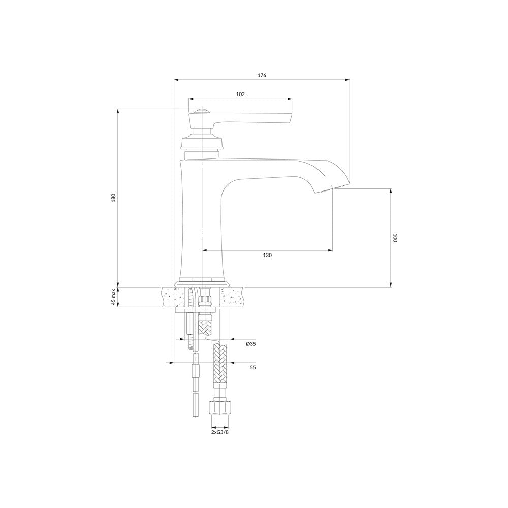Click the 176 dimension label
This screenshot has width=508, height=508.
click(262, 75)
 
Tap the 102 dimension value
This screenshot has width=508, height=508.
click(240, 94)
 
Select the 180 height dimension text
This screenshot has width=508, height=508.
click(113, 198)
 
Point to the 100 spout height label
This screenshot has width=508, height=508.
click(395, 238)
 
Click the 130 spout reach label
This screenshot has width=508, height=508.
click(267, 256)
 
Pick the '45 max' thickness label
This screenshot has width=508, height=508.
click(113, 297)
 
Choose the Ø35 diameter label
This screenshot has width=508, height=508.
click(251, 344)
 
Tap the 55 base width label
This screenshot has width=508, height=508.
click(253, 367)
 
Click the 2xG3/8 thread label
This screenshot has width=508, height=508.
click(220, 432)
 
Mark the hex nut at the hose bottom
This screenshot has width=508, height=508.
click(220, 407)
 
